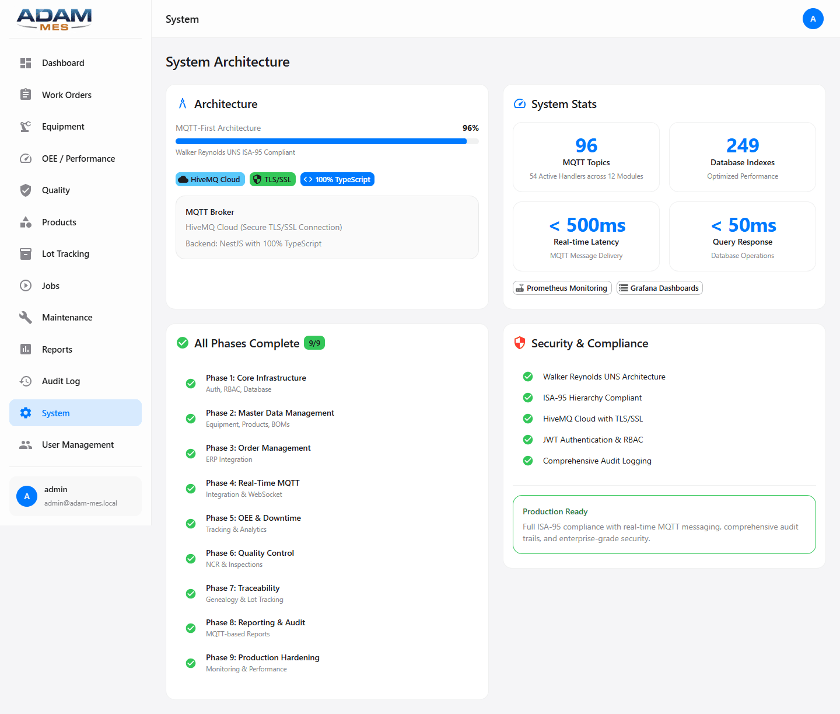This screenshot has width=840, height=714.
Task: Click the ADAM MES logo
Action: (x=54, y=19)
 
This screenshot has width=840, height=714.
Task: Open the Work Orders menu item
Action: (x=66, y=95)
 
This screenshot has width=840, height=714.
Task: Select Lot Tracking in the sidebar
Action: (x=65, y=254)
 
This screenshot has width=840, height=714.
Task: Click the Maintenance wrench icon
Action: (x=26, y=318)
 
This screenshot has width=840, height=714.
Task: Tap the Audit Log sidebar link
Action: (x=61, y=381)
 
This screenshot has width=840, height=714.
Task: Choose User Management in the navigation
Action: (x=78, y=445)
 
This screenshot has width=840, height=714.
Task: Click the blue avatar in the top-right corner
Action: (x=813, y=19)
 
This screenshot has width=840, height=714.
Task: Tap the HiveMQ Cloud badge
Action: (x=210, y=179)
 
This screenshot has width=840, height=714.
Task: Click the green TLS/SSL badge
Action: (x=272, y=179)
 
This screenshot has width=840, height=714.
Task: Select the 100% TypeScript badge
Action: (x=337, y=179)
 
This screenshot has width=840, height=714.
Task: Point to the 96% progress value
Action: (x=470, y=128)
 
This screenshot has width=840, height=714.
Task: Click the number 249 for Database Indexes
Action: (x=742, y=145)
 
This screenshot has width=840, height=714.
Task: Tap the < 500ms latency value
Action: (x=587, y=225)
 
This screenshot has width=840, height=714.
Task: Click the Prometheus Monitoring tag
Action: (x=562, y=288)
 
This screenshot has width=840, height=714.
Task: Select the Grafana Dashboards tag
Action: (x=659, y=288)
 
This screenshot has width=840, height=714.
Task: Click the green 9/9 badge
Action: (x=314, y=343)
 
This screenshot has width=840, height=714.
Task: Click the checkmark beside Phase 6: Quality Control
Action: (x=191, y=559)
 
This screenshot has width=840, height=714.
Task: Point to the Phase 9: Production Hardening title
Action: (x=262, y=657)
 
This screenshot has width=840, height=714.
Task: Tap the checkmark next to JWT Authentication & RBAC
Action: (x=528, y=440)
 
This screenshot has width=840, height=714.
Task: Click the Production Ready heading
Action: (x=555, y=511)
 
